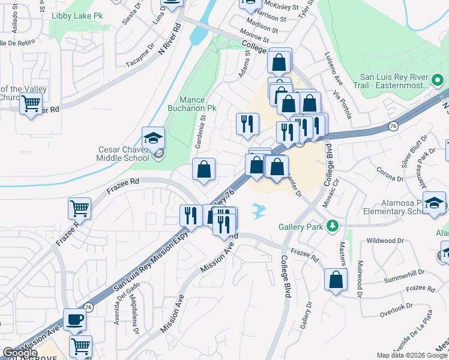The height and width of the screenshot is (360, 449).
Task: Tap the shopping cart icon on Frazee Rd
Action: (79, 209)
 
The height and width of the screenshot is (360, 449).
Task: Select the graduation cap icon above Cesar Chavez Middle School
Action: (153, 138)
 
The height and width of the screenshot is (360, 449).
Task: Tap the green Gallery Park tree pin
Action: (331, 226)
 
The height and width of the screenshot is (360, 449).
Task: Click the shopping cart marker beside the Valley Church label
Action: (31, 103)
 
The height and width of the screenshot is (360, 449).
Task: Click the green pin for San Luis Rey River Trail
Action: (438, 79)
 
